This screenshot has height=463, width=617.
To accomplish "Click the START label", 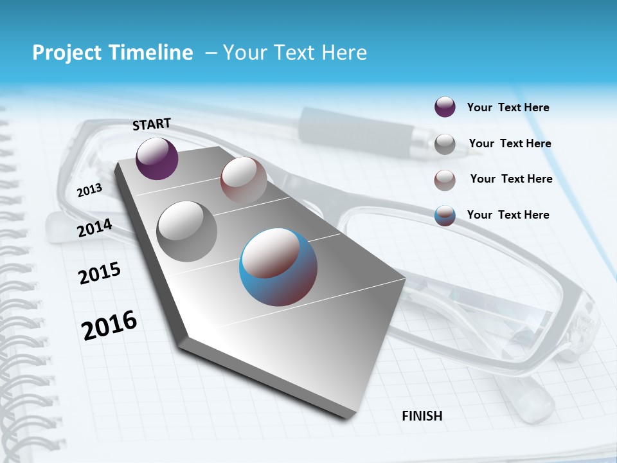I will (152, 123).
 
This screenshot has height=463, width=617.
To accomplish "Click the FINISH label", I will (422, 416).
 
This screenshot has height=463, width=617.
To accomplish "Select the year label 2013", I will (89, 190).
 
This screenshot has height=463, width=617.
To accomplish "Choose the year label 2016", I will (109, 325).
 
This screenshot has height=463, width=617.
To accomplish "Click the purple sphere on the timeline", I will (157, 159).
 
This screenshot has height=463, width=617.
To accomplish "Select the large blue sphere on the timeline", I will (278, 267).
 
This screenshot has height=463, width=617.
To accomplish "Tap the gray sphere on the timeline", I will (187, 231).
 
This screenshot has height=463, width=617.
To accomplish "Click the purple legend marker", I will (445, 107).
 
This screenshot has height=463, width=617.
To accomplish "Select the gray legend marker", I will (445, 144).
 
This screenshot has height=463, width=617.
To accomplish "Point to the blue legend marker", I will (445, 215).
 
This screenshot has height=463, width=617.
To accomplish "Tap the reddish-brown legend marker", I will (445, 180).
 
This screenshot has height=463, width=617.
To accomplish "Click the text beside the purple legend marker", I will (508, 107).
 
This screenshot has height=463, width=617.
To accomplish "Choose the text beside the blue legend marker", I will (508, 215).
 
